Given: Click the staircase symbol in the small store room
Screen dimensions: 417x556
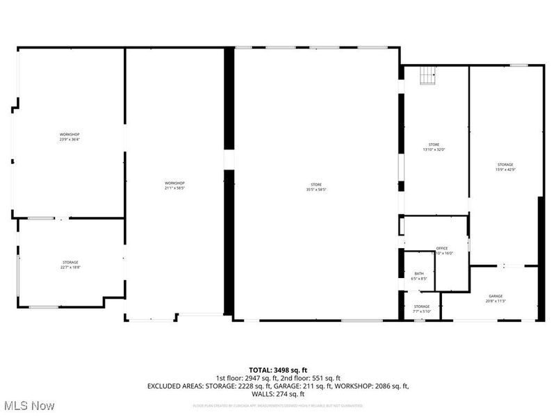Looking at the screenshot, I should [427, 76].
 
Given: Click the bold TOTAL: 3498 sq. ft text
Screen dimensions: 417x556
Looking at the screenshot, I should [278, 369].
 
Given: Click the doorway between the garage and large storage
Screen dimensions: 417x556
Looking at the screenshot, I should [505, 265].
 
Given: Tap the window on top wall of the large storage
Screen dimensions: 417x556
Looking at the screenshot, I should [518, 65].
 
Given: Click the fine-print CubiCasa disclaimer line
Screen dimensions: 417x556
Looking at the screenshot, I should [278, 404].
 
